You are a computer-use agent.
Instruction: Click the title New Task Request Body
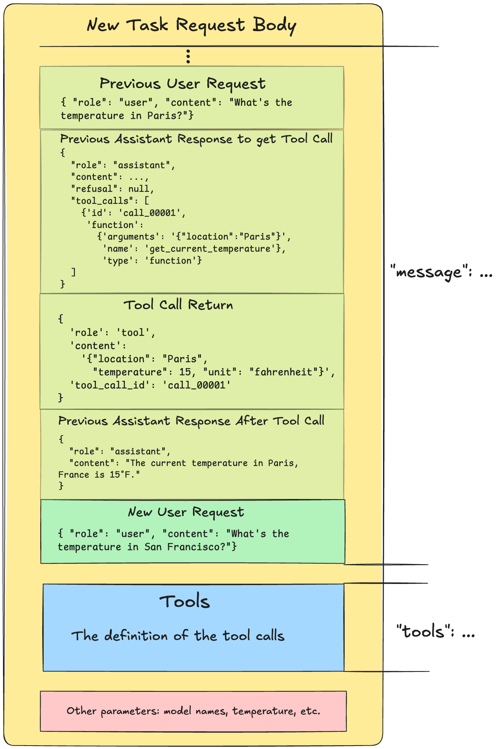[x=191, y=26]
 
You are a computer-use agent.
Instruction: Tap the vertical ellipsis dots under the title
[x=188, y=56]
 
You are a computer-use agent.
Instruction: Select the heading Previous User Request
[x=182, y=83]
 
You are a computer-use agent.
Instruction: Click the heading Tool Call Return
[x=178, y=305]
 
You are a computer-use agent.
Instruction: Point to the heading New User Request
[x=186, y=512]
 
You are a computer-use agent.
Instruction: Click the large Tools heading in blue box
[x=184, y=602]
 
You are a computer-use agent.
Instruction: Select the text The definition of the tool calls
[x=178, y=636]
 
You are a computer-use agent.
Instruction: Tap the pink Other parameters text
[x=193, y=711]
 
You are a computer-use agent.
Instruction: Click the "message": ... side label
[x=441, y=272]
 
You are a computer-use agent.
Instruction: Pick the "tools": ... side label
[x=436, y=631]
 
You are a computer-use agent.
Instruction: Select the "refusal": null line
[x=112, y=189]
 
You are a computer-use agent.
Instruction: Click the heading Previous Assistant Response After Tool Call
[x=191, y=421]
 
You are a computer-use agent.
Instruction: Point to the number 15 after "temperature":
[x=185, y=372]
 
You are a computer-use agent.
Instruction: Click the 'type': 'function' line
[x=152, y=261]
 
